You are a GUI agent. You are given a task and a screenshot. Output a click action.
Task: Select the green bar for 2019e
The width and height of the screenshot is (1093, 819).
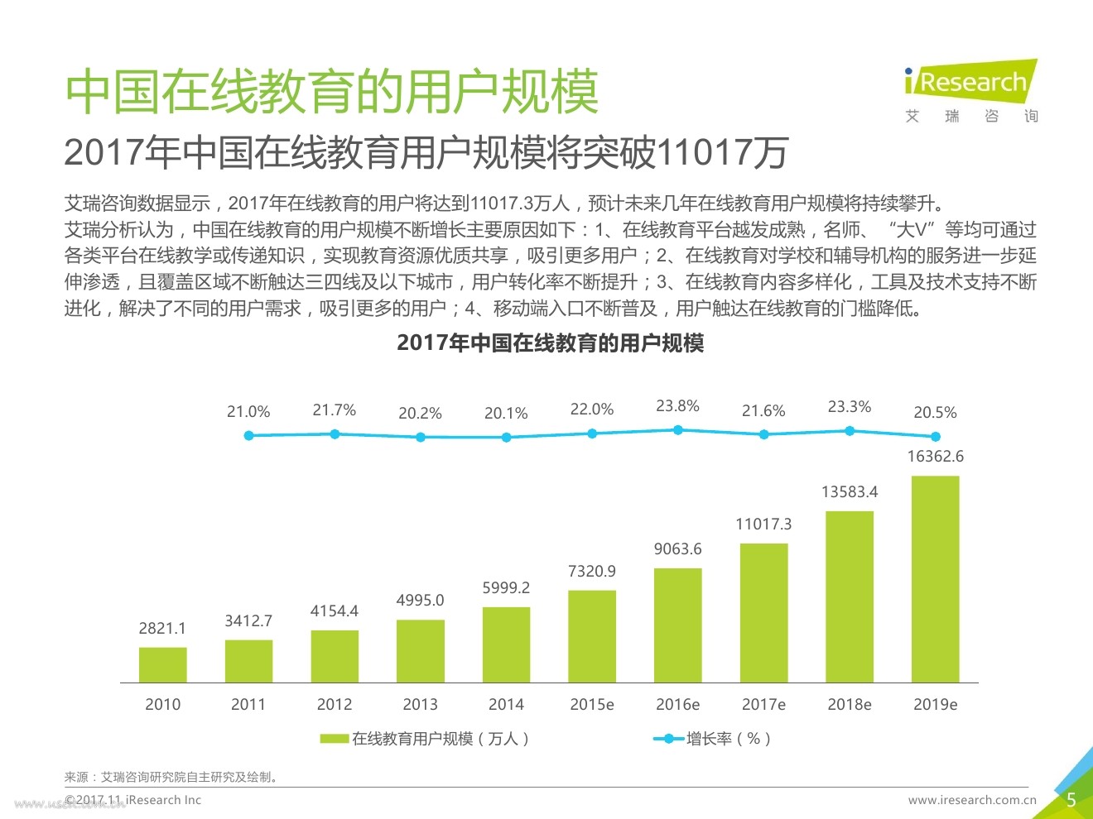click(x=935, y=579)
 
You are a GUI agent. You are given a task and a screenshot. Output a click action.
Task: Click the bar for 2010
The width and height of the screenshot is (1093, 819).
click(x=162, y=664)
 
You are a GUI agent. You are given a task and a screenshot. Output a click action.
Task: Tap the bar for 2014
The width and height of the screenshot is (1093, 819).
click(x=506, y=644)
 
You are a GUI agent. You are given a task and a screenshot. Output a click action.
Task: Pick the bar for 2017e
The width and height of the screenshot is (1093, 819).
click(x=763, y=613)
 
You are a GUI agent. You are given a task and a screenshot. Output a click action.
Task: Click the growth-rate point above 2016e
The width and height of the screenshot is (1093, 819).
click(x=677, y=430)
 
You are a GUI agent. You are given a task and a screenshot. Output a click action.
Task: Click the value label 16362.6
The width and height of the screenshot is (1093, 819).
click(x=935, y=456)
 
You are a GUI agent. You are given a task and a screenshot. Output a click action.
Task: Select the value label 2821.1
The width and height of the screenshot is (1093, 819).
click(x=162, y=628)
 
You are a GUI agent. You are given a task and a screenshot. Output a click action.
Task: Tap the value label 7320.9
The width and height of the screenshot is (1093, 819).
click(x=592, y=571)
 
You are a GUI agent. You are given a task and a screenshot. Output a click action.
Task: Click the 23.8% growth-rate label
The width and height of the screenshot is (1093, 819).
click(x=677, y=406)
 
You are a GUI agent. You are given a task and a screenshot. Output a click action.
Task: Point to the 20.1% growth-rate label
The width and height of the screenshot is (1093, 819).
click(x=506, y=413)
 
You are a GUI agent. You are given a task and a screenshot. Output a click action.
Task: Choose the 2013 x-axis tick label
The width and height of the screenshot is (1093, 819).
click(x=420, y=704)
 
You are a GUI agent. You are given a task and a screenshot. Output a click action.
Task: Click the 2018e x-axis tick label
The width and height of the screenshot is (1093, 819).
click(x=850, y=704)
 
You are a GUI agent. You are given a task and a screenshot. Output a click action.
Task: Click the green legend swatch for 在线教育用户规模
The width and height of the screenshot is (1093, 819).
click(x=334, y=739)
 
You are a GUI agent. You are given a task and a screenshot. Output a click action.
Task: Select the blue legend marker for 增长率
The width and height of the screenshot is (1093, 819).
click(x=667, y=739)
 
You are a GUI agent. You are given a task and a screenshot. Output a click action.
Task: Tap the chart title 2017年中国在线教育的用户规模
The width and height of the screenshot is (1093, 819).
click(x=550, y=342)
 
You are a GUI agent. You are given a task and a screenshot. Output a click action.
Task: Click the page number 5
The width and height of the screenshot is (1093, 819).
click(x=1071, y=800)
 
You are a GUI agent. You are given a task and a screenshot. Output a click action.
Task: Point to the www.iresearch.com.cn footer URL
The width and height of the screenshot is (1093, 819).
click(x=972, y=800)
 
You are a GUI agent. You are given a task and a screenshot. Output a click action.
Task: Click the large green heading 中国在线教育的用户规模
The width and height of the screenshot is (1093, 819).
click(x=331, y=91)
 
